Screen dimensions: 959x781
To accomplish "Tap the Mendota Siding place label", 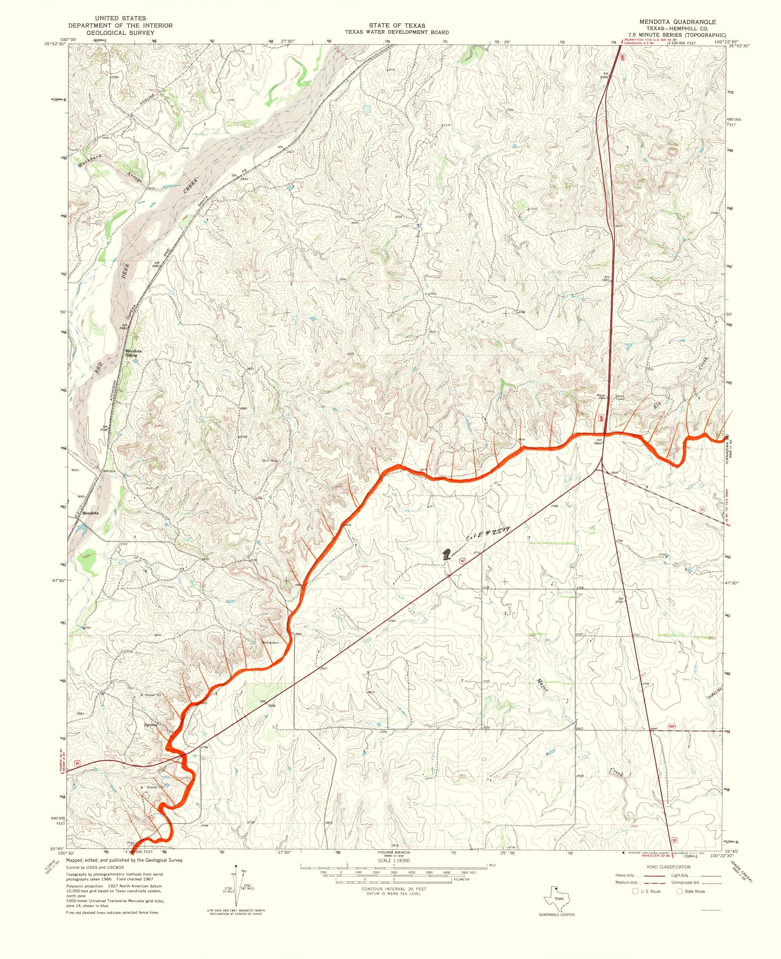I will [x=133, y=353].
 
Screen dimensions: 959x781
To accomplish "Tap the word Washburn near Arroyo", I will [x=90, y=159].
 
